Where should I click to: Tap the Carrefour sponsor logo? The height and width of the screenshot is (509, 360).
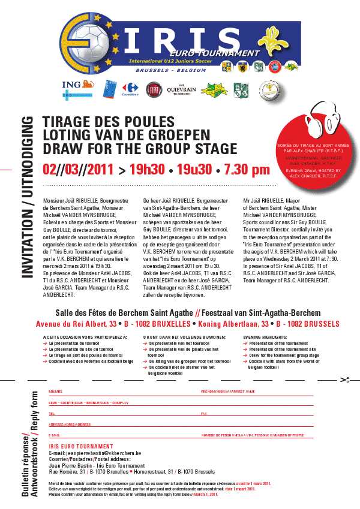pyautogui.click(x=131, y=89)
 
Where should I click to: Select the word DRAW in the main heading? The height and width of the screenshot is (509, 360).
pyautogui.click(x=62, y=149)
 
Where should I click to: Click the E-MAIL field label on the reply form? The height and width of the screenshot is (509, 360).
pyautogui.click(x=55, y=435)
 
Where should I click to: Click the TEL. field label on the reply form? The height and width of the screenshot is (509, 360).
pyautogui.click(x=52, y=414)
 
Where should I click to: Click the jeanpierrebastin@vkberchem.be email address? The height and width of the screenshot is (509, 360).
pyautogui.click(x=94, y=453)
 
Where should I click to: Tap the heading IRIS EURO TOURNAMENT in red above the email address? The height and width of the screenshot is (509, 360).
pyautogui.click(x=80, y=447)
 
